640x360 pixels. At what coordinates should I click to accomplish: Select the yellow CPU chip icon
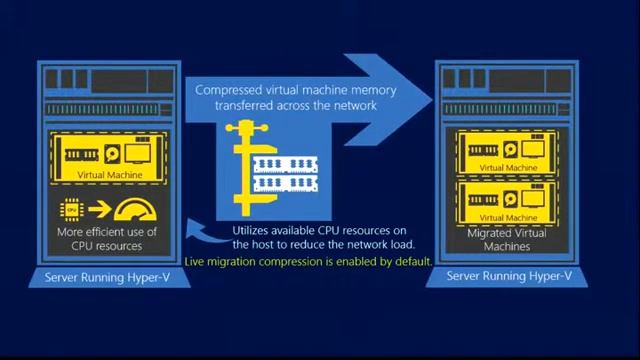[x=71, y=210]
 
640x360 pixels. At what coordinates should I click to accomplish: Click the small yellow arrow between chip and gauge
[x=99, y=210]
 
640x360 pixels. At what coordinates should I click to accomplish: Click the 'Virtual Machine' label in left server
[x=110, y=175]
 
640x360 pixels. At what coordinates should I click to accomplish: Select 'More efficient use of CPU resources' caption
[x=107, y=239]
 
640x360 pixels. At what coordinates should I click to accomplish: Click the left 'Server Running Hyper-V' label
[x=109, y=276]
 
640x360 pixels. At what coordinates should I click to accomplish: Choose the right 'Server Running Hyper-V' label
[x=509, y=276]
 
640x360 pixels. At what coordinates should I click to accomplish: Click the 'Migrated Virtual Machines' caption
[x=507, y=239]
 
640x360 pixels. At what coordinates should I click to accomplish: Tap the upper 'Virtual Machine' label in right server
[x=507, y=167]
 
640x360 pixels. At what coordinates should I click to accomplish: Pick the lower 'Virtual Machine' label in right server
[x=507, y=217]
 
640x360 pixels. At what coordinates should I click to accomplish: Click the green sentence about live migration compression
[x=308, y=261]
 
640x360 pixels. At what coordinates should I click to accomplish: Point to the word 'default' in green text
[x=411, y=261]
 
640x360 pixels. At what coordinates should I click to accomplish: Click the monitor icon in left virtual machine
[x=137, y=153]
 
